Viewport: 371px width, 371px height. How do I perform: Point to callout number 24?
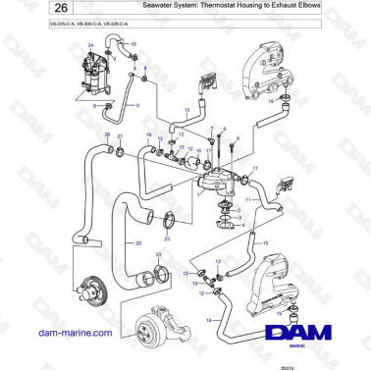pos(90,46)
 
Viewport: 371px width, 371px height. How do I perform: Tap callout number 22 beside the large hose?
pos(137,241)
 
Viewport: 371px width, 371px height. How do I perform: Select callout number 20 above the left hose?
pos(108,133)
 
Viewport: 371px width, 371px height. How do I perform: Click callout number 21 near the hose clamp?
pos(120,136)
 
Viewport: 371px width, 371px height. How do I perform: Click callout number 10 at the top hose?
pos(134,44)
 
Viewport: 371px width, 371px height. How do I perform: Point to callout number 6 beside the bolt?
pos(237,141)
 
